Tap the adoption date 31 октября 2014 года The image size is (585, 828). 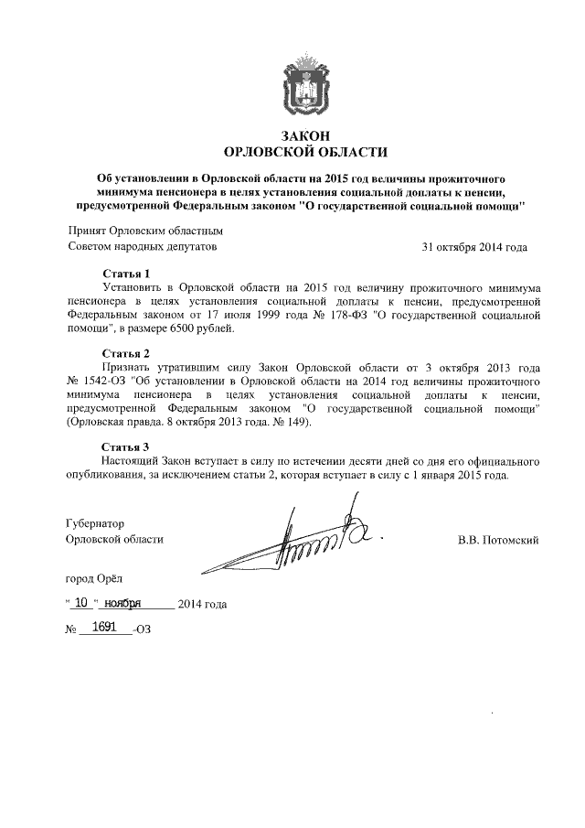click(x=473, y=247)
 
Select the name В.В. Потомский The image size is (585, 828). click(x=498, y=540)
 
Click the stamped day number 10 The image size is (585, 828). click(x=82, y=603)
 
